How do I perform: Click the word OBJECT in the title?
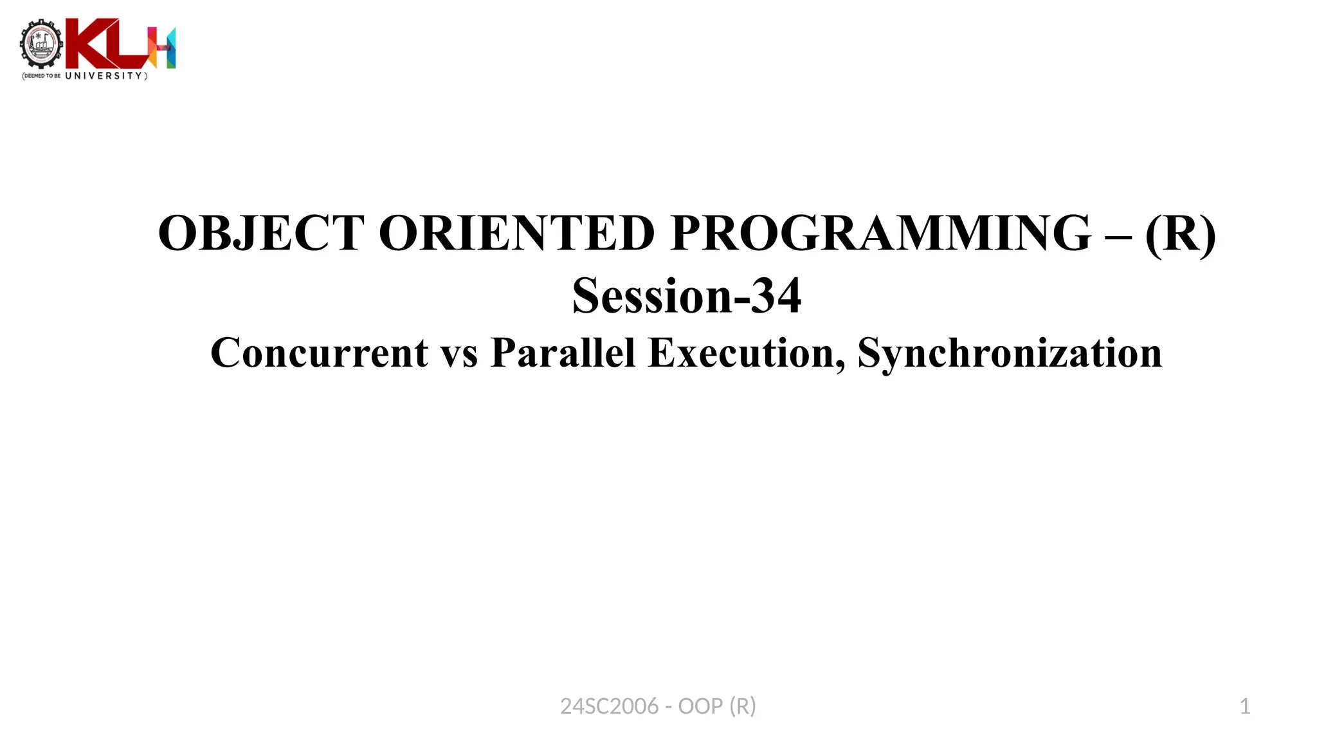261,233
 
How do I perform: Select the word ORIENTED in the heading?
516,233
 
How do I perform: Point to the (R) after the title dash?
1181,233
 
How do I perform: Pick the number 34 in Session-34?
776,296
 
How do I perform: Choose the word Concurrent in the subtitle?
319,352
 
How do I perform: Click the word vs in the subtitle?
459,354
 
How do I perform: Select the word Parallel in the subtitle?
563,352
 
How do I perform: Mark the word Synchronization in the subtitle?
1010,352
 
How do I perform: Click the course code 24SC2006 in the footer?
609,706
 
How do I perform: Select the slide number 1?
1245,706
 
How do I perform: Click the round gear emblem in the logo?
42,44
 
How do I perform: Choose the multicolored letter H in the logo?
162,47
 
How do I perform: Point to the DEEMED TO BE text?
42,76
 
